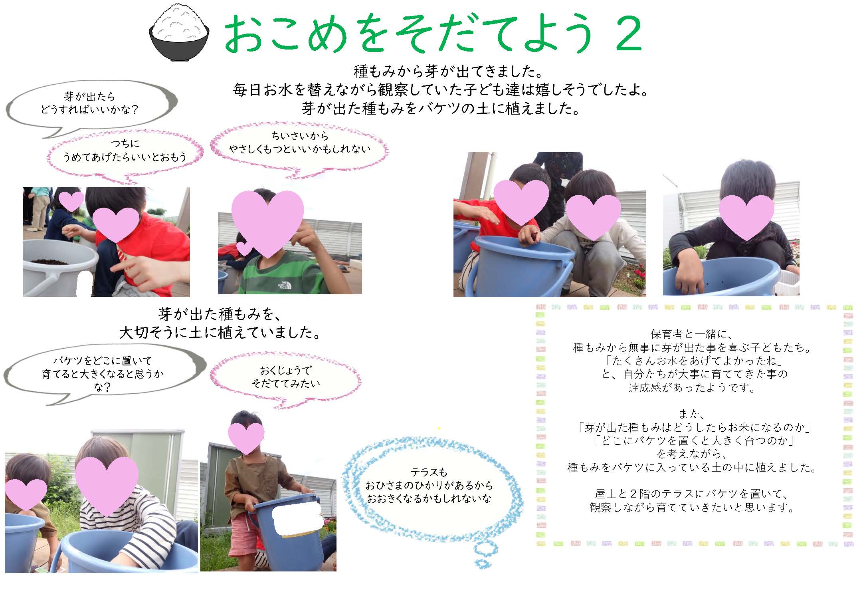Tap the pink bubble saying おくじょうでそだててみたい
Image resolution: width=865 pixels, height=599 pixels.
[286, 378]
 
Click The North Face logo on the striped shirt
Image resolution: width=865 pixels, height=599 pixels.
[283, 286]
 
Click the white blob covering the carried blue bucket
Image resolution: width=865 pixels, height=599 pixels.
[297, 518]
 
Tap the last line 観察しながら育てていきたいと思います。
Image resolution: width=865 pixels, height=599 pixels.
[692, 507]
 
